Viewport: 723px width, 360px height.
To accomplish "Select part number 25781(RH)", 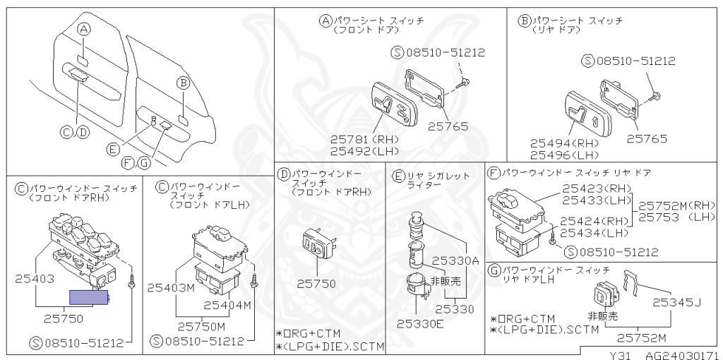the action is click(x=365, y=138).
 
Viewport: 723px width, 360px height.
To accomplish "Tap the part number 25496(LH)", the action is click(x=564, y=155).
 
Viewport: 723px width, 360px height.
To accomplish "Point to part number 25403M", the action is click(x=171, y=287).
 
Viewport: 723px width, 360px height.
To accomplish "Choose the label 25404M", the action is click(x=227, y=305).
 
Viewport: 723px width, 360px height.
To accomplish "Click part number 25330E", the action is click(x=419, y=324).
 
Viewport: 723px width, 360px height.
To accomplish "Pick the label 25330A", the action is click(x=455, y=260).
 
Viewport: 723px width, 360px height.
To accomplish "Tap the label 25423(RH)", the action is click(x=597, y=188).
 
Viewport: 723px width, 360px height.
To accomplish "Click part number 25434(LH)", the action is click(x=594, y=233).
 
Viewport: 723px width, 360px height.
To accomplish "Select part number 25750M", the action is click(x=201, y=326).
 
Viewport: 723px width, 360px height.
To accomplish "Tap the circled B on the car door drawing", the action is click(x=182, y=83).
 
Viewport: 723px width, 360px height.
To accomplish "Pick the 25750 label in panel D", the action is click(x=316, y=283).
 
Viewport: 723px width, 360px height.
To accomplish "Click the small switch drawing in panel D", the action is click(x=314, y=244).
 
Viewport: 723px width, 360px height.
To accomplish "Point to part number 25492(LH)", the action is click(x=365, y=150).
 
